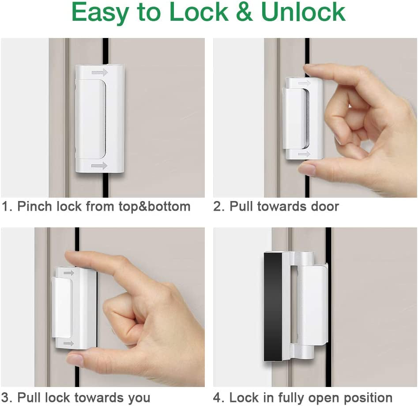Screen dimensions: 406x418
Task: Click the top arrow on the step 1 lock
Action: (99, 72)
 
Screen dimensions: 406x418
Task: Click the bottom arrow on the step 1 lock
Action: (99, 166)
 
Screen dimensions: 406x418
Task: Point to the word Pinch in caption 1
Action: (34, 206)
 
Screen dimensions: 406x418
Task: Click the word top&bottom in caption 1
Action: (154, 206)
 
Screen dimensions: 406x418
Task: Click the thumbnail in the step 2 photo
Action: (307, 169)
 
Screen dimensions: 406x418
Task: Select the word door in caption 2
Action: (325, 206)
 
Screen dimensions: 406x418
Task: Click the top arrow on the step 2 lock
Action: (304, 83)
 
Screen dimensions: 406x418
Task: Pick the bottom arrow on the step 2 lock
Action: (304, 154)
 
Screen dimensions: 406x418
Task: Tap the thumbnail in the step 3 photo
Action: (75, 360)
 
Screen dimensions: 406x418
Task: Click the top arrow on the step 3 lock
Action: (68, 273)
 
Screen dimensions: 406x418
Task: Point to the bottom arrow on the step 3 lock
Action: (68, 343)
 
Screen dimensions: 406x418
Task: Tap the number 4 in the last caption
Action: (218, 397)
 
